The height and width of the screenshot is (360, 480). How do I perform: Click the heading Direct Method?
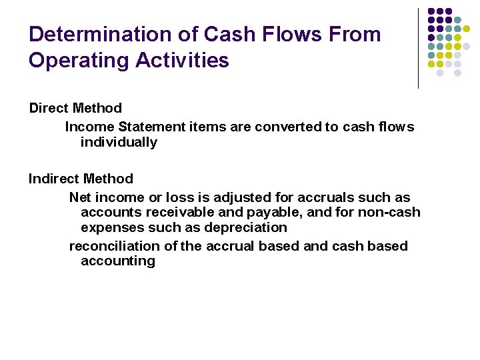point(75,108)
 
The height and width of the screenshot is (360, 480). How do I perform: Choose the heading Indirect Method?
point(81,179)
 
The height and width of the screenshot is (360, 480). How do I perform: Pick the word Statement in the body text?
point(149,127)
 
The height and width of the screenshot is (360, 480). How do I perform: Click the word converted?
point(291,127)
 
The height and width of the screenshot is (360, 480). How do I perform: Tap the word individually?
point(119,142)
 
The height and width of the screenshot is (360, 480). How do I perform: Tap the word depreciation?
point(247,227)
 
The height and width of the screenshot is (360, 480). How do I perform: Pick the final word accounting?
point(118,261)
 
